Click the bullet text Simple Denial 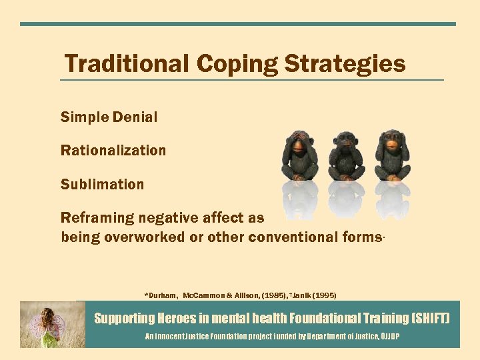tap(109, 117)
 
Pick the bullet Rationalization tap(113, 151)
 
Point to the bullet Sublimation tap(102, 185)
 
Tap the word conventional tap(294, 237)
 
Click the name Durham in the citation tap(163, 295)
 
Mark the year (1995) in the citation tap(325, 295)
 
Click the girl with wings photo tap(52, 324)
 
